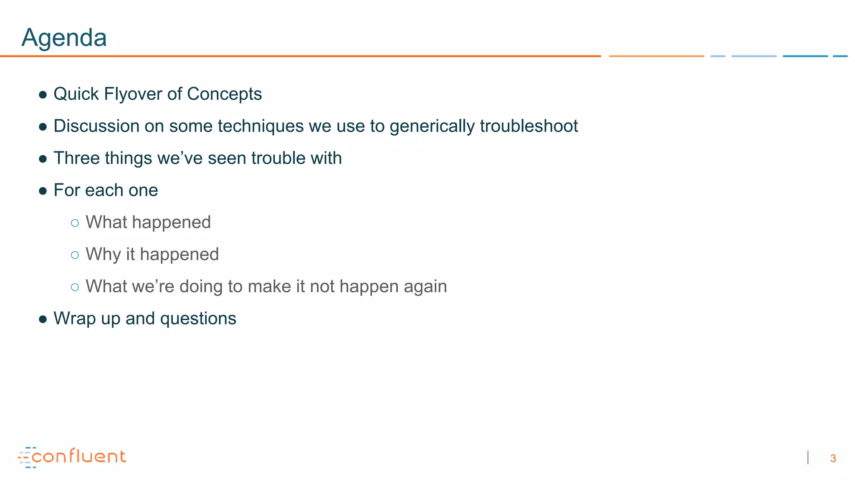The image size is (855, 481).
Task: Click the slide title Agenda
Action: pyautogui.click(x=64, y=38)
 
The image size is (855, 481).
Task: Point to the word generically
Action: pyautogui.click(x=432, y=127)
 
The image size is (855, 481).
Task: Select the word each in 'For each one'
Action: pyautogui.click(x=104, y=190)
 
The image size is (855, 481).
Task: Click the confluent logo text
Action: pyautogui.click(x=78, y=456)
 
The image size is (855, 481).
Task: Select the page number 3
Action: pyautogui.click(x=833, y=458)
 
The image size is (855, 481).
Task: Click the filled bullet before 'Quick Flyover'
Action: pyautogui.click(x=43, y=95)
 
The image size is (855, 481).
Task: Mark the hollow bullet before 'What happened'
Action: pyautogui.click(x=75, y=223)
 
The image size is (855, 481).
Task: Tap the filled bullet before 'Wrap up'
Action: pyautogui.click(x=43, y=319)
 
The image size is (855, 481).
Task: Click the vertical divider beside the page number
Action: pyautogui.click(x=808, y=458)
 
